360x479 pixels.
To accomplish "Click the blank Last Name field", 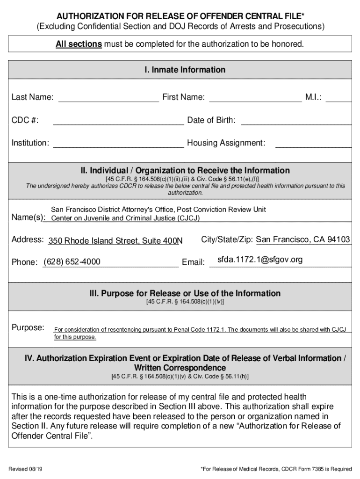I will pyautogui.click(x=108, y=97).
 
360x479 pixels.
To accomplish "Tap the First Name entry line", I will pyautogui.click(x=255, y=97).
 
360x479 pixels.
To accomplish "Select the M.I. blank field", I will pyautogui.click(x=339, y=97).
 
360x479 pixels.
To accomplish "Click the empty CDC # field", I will pyautogui.click(x=118, y=121).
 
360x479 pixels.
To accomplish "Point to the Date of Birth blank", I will pyautogui.click(x=295, y=121).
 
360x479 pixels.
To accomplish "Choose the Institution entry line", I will pyautogui.click(x=118, y=143).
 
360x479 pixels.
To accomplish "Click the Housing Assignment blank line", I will pyautogui.click(x=313, y=143).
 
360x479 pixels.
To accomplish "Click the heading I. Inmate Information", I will pyautogui.click(x=185, y=70).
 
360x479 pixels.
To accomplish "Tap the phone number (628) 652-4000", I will pyautogui.click(x=72, y=262).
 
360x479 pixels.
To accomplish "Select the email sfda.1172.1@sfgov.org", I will pyautogui.click(x=260, y=260).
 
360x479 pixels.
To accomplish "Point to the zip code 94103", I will pyautogui.click(x=338, y=239).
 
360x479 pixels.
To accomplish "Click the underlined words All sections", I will pyautogui.click(x=79, y=44).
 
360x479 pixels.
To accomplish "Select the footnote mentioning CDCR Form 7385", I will pyautogui.click(x=276, y=469).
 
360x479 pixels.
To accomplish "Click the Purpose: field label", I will pyautogui.click(x=28, y=327).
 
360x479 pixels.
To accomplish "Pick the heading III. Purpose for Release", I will pyautogui.click(x=185, y=294).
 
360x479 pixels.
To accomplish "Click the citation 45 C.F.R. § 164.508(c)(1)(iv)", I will pyautogui.click(x=185, y=302).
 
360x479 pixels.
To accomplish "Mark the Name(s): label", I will pyautogui.click(x=29, y=218).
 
